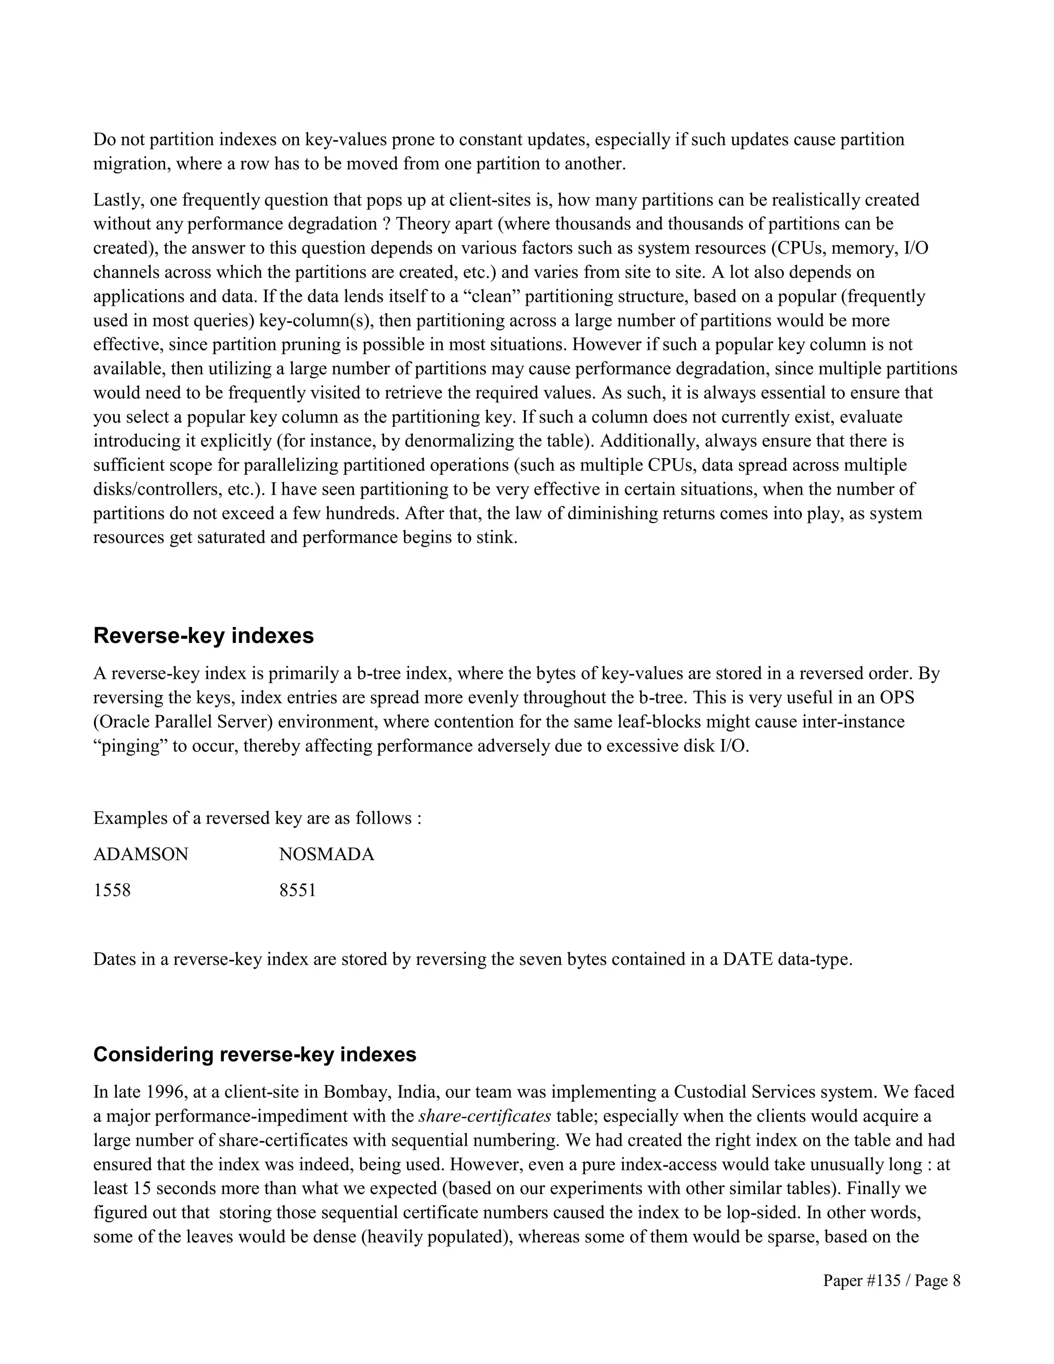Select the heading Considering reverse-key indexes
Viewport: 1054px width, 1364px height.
tap(255, 1054)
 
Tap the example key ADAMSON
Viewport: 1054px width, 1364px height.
tap(140, 854)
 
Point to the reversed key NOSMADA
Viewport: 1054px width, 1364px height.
tap(327, 854)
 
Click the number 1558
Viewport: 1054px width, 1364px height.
tap(112, 890)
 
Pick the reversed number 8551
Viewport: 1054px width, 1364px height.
tap(297, 890)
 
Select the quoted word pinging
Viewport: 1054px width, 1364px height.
tap(129, 746)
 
